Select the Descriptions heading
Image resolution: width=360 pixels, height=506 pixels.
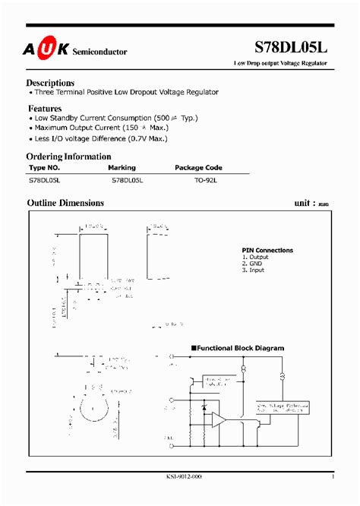(50, 82)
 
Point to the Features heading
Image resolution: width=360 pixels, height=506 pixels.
(44, 109)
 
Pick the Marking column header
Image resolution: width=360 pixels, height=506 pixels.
(123, 168)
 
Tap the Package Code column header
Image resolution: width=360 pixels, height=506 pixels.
(198, 168)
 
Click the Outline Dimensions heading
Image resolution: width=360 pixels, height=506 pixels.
(65, 203)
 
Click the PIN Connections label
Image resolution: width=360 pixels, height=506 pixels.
(267, 250)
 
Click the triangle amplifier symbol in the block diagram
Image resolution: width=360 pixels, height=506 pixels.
(219, 418)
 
